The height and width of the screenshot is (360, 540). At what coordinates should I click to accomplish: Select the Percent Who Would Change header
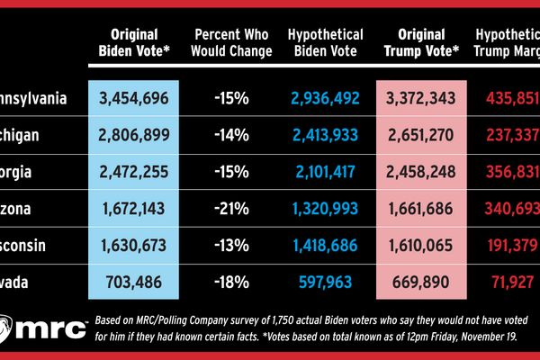(233, 43)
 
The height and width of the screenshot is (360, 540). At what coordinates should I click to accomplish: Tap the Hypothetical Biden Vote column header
(327, 43)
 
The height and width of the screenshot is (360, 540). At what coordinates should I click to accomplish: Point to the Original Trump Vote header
(421, 43)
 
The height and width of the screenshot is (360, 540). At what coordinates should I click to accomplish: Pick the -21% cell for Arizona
(233, 209)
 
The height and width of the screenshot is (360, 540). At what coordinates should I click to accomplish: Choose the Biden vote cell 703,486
(136, 282)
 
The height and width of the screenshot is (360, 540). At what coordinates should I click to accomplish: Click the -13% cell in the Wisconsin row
(233, 246)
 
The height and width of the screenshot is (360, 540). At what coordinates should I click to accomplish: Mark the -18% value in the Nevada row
(233, 282)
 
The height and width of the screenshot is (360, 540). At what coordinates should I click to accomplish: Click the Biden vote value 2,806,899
(136, 136)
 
